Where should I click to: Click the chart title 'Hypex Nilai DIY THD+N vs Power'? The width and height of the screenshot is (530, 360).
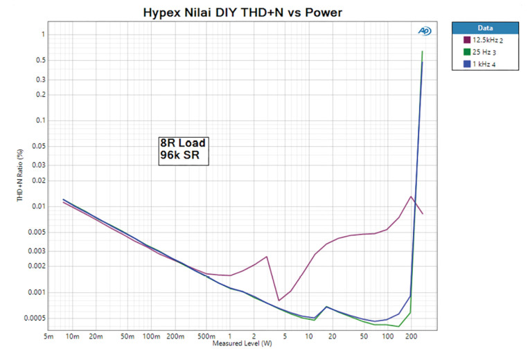242,12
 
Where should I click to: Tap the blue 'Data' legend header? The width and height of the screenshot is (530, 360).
484,28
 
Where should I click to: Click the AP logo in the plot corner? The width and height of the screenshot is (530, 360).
424,31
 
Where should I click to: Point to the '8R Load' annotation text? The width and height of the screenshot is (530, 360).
183,144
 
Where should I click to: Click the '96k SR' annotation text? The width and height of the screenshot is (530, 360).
179,156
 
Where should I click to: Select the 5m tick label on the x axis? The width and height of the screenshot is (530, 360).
48,337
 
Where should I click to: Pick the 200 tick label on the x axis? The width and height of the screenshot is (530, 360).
412,337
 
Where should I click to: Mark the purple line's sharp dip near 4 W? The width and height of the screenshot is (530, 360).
279,300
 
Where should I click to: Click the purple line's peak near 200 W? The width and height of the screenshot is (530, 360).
412,196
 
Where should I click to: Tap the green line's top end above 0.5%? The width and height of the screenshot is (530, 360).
422,52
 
